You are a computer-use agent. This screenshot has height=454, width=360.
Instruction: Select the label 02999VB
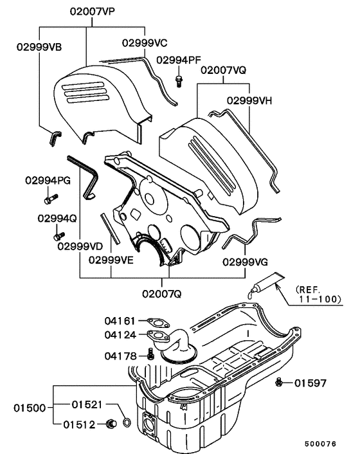point(39,46)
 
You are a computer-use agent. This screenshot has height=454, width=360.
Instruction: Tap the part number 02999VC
point(145,42)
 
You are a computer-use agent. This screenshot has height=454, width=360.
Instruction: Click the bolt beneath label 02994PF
point(179,80)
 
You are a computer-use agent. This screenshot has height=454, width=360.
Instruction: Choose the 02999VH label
point(249,100)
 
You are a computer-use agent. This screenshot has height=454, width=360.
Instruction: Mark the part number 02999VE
point(111,260)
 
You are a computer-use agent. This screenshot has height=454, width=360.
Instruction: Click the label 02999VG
point(246,262)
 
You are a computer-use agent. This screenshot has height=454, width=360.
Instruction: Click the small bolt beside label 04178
point(150,353)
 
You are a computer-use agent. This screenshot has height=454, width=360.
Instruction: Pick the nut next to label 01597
point(280,383)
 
